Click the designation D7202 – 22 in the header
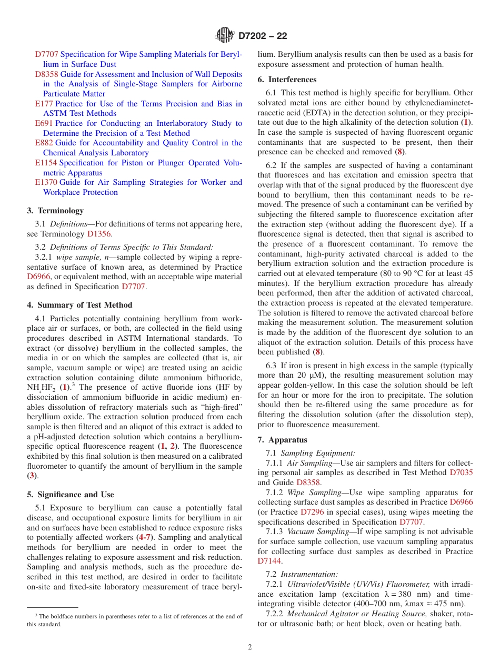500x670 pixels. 263,36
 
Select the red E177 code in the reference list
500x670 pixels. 44,104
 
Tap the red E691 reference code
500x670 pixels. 44,123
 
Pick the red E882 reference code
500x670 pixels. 44,143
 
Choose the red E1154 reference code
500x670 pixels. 46,163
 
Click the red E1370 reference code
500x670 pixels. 46,182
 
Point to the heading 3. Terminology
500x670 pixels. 55,211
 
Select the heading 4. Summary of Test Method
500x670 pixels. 79,305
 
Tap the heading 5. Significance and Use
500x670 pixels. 70,495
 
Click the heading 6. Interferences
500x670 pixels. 287,80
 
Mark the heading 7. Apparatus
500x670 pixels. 282,440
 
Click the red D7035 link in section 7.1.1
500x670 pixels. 461,472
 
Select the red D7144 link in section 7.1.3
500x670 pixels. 269,561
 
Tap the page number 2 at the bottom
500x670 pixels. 250,647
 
